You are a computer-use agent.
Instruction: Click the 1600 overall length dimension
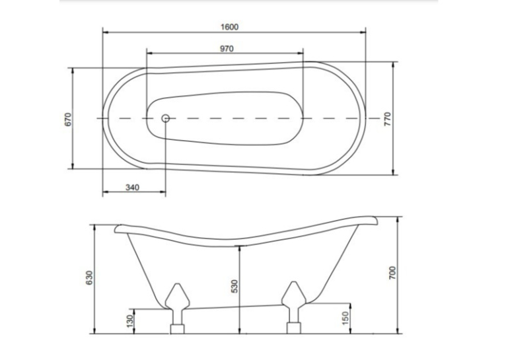[229, 27]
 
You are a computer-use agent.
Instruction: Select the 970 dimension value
[227, 49]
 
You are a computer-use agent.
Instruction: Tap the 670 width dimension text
[68, 120]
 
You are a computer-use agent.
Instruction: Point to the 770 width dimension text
[387, 119]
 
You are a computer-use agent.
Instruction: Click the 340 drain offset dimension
[132, 188]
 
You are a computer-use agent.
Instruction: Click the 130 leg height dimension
[129, 320]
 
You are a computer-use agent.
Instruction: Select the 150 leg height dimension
[345, 318]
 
